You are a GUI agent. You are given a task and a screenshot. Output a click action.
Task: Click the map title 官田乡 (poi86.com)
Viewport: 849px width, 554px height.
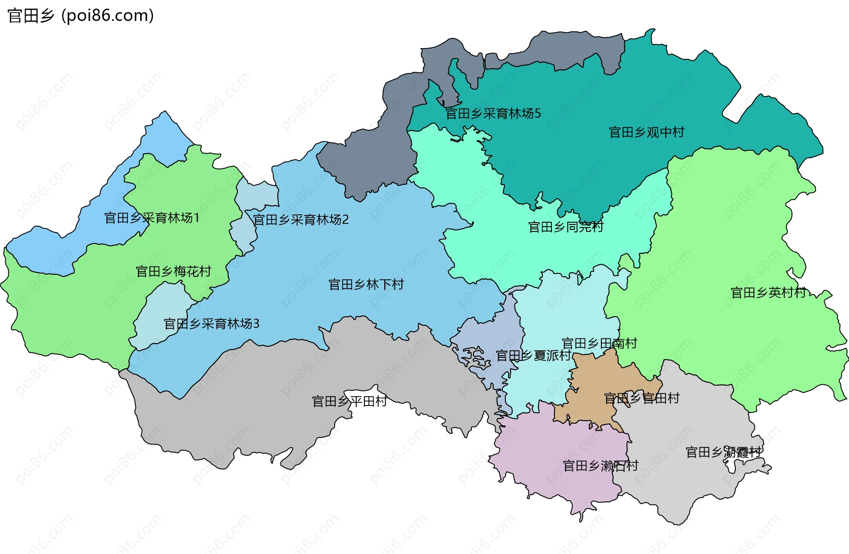pyautogui.click(x=80, y=16)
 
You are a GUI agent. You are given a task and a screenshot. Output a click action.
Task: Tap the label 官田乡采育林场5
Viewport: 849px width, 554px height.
pyautogui.click(x=493, y=114)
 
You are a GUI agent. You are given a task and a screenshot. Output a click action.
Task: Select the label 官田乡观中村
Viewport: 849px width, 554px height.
pyautogui.click(x=646, y=132)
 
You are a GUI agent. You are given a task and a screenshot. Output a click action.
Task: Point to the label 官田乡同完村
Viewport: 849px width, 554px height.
pyautogui.click(x=566, y=227)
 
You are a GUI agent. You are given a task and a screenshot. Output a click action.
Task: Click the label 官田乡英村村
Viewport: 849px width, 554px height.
pyautogui.click(x=768, y=292)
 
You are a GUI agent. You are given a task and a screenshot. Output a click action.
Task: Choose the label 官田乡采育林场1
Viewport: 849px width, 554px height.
pyautogui.click(x=152, y=218)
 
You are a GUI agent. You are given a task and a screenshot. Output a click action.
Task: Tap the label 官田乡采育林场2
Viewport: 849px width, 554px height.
pyautogui.click(x=301, y=220)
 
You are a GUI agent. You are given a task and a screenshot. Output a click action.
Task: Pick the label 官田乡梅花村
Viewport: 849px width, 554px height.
pyautogui.click(x=173, y=271)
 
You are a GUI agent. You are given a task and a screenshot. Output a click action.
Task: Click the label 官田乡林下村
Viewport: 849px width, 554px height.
pyautogui.click(x=366, y=285)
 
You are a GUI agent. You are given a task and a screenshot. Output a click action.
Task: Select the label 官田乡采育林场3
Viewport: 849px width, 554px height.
pyautogui.click(x=211, y=324)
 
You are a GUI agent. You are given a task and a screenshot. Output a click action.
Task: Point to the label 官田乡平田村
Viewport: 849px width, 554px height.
pyautogui.click(x=349, y=402)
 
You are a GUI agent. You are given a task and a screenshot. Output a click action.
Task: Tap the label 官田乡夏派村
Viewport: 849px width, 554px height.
pyautogui.click(x=533, y=356)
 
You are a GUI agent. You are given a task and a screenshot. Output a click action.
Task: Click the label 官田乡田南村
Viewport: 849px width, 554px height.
pyautogui.click(x=599, y=343)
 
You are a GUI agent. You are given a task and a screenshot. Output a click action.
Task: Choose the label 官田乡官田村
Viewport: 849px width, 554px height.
pyautogui.click(x=641, y=398)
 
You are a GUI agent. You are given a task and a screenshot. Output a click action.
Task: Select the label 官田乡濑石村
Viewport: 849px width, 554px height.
pyautogui.click(x=600, y=466)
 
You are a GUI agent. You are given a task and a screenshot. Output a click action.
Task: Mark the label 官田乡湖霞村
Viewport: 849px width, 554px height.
pyautogui.click(x=723, y=452)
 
